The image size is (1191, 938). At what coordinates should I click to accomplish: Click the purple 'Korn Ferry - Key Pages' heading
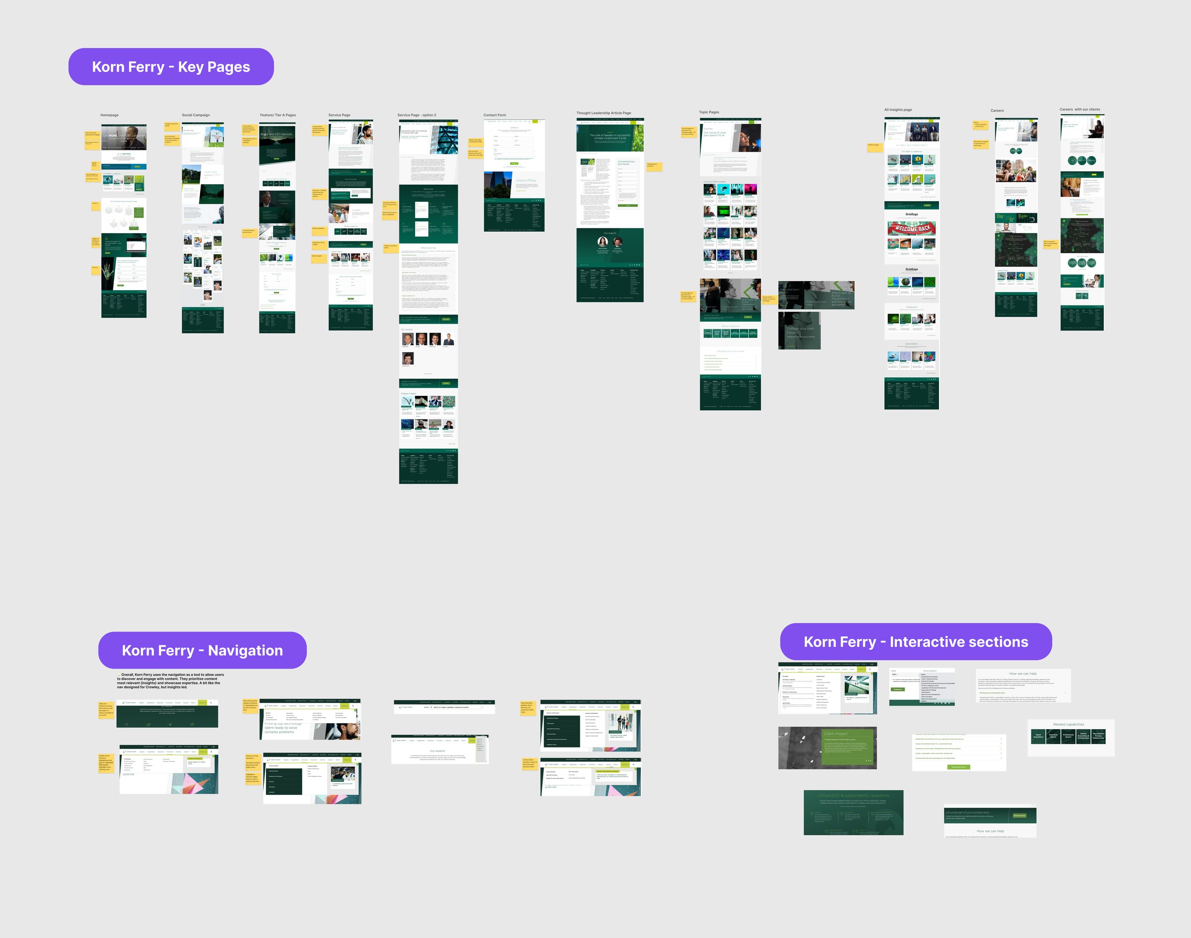click(x=171, y=67)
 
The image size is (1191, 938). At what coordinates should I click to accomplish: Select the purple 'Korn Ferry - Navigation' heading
click(x=202, y=651)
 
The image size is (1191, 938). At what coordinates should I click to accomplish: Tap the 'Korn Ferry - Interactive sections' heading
click(x=916, y=642)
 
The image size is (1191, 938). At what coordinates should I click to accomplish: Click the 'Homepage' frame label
click(x=110, y=115)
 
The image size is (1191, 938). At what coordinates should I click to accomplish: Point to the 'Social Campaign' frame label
click(x=196, y=115)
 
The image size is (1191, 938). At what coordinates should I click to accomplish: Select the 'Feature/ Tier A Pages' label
click(x=278, y=115)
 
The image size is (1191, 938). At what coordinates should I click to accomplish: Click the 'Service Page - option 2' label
click(x=416, y=115)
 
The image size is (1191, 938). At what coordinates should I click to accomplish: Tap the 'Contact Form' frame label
click(x=495, y=115)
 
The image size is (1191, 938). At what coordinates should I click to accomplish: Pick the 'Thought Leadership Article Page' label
click(x=604, y=113)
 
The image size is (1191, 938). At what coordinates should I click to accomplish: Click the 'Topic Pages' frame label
click(x=709, y=112)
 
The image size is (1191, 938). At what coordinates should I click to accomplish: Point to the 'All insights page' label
click(x=898, y=110)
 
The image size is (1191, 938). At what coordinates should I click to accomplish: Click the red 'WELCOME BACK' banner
click(x=912, y=228)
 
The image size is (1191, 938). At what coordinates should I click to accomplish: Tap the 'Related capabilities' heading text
click(x=1069, y=724)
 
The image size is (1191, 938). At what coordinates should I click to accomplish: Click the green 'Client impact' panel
click(x=848, y=747)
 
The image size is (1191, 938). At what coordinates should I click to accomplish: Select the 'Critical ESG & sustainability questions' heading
click(x=853, y=795)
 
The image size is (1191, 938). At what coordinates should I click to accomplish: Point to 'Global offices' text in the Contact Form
click(x=525, y=181)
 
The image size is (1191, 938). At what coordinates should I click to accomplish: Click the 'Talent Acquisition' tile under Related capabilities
click(x=1038, y=736)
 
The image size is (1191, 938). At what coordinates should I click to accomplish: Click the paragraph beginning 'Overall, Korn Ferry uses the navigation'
click(x=171, y=681)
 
